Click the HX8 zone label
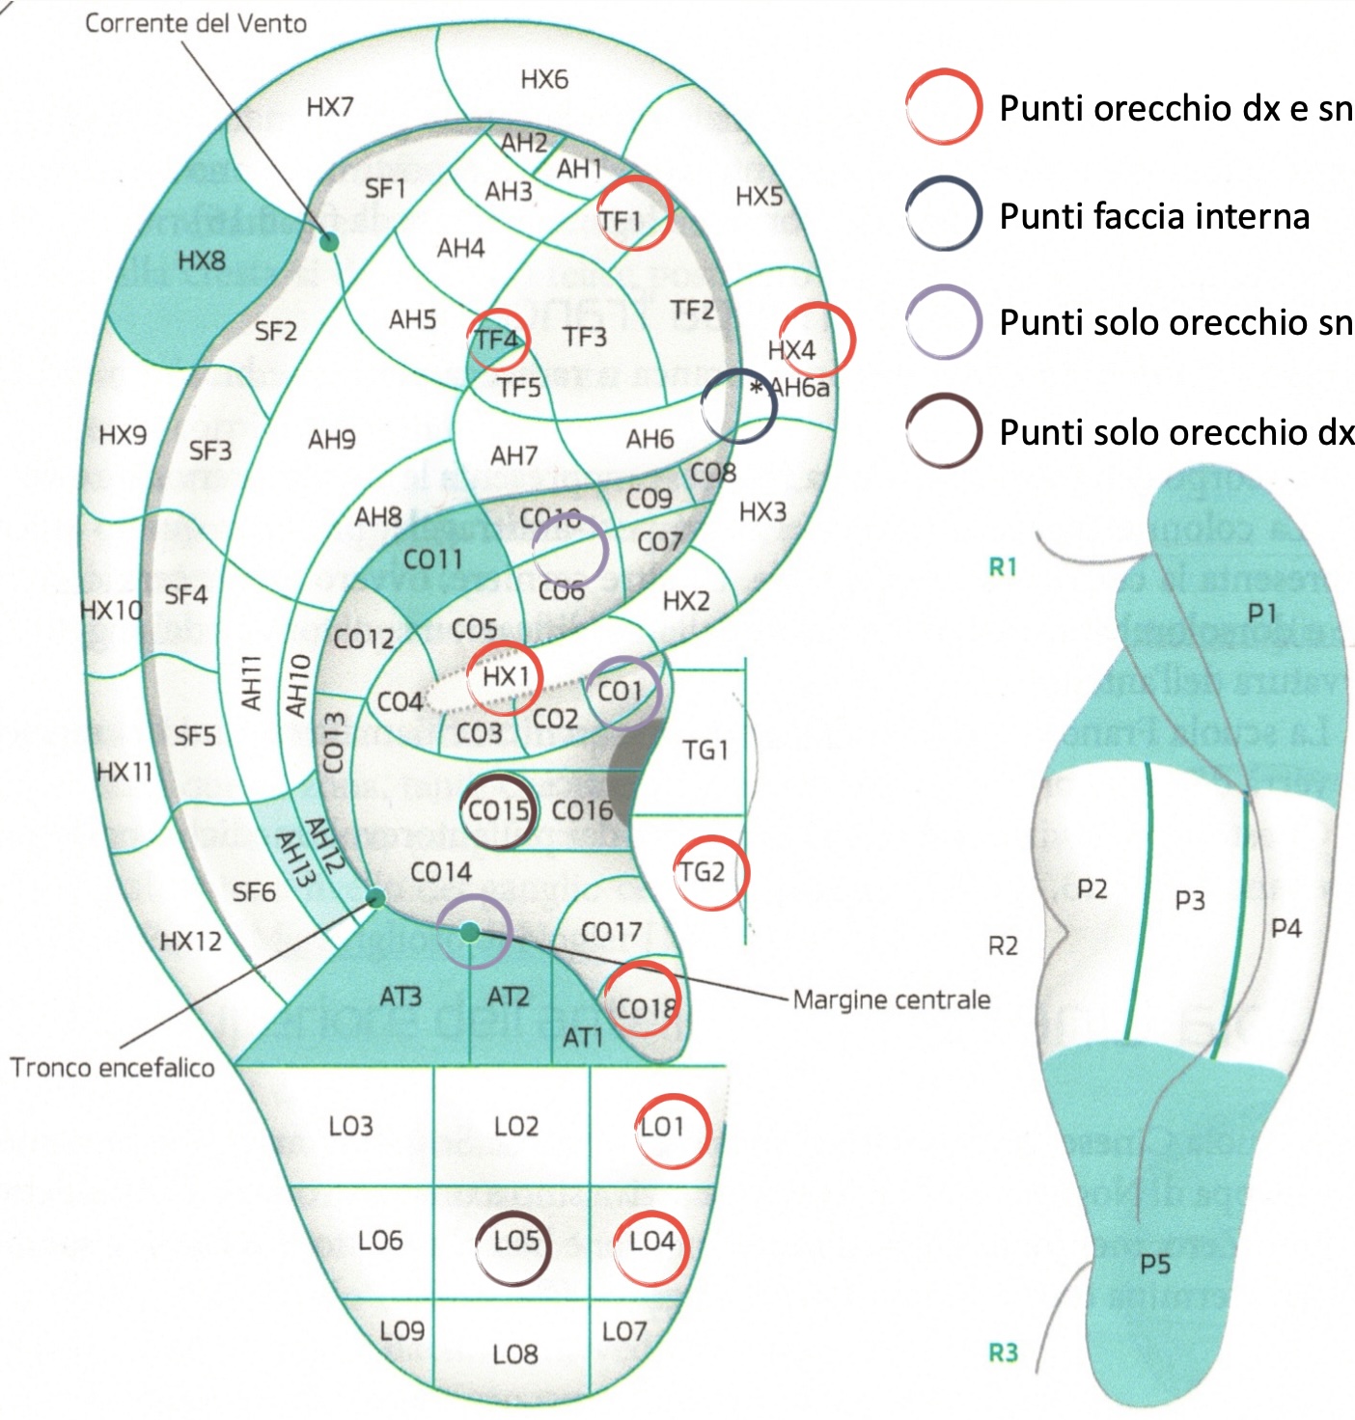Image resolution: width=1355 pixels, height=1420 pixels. point(201,260)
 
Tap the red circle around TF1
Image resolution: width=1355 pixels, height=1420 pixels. point(634,214)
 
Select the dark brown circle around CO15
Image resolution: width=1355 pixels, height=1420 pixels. point(498,810)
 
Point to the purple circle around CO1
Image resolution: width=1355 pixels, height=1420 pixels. point(623,692)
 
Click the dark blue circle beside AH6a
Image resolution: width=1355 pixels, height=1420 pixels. point(738,406)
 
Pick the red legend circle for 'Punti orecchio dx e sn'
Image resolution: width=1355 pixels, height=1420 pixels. point(944,107)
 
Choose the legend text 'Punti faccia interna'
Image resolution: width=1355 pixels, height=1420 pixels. point(1153,216)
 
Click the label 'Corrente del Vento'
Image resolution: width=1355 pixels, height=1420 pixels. point(196,23)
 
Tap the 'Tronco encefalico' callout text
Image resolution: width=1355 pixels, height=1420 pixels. point(112,1067)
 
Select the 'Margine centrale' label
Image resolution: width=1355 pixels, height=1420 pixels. point(891,999)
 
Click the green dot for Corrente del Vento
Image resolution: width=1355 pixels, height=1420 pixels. point(330,241)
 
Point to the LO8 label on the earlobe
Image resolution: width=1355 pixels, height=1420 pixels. point(514,1354)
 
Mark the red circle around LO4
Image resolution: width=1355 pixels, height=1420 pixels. point(651,1248)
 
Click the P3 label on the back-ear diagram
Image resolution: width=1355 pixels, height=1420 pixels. point(1189,900)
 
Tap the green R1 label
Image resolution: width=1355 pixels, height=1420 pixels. point(1003,567)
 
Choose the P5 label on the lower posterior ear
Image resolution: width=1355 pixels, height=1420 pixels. point(1154,1263)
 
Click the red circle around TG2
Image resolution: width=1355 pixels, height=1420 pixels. point(710,872)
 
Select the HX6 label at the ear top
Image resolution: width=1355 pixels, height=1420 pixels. point(544,79)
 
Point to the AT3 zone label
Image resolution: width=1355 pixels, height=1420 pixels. point(401,996)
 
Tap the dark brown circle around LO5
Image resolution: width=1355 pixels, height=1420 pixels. point(514,1247)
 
